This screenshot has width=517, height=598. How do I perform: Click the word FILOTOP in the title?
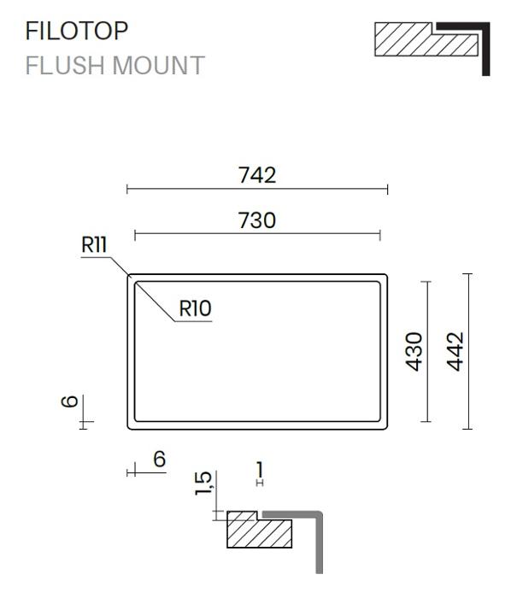pyautogui.click(x=76, y=31)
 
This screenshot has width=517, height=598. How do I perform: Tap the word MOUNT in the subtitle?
pyautogui.click(x=159, y=66)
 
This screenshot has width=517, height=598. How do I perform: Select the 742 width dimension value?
pyautogui.click(x=257, y=175)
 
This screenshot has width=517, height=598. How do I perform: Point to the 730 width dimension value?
pyautogui.click(x=256, y=220)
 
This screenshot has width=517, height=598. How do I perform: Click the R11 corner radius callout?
pyautogui.click(x=94, y=244)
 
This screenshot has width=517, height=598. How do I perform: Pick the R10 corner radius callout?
pyautogui.click(x=195, y=308)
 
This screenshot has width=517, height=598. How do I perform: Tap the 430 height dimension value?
pyautogui.click(x=414, y=352)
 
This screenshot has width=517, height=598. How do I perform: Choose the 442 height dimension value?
pyautogui.click(x=455, y=352)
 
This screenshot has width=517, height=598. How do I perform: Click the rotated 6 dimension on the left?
pyautogui.click(x=70, y=402)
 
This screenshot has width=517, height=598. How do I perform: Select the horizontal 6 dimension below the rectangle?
pyautogui.click(x=160, y=459)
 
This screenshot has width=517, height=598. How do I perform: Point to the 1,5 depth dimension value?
pyautogui.click(x=203, y=484)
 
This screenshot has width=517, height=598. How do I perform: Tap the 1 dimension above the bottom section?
pyautogui.click(x=260, y=470)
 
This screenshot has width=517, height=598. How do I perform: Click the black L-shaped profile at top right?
pyautogui.click(x=485, y=49)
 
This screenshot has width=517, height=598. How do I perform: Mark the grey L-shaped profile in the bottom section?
pyautogui.click(x=319, y=542)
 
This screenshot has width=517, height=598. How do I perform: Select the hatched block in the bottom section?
pyautogui.click(x=260, y=532)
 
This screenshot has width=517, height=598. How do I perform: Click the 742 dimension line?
pyautogui.click(x=257, y=189)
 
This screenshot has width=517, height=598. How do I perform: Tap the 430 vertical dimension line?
pyautogui.click(x=427, y=352)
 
